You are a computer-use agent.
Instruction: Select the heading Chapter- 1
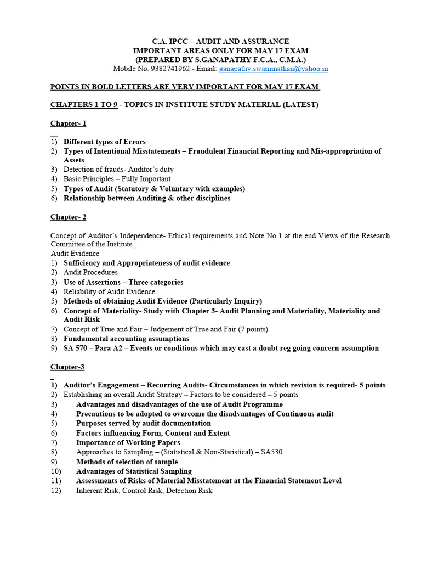69,123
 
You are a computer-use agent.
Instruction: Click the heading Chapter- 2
69,217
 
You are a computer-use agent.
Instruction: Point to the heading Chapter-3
67,367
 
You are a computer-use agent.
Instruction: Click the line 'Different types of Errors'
105,142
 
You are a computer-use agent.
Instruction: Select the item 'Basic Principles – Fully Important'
117,179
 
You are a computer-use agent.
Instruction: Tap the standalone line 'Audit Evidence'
75,254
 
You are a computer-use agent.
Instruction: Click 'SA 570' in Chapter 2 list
77,348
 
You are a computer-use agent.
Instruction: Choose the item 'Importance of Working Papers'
128,442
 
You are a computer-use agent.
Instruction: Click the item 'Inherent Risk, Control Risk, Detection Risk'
144,491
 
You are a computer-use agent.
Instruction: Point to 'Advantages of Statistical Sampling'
134,471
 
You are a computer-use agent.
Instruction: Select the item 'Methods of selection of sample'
127,462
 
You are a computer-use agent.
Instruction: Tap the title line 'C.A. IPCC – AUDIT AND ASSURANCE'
220,41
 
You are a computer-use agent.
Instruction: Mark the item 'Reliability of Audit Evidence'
109,291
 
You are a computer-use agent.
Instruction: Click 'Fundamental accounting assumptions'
126,339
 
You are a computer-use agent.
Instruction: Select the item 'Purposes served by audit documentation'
143,423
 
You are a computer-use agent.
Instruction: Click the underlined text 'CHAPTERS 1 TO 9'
84,104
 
